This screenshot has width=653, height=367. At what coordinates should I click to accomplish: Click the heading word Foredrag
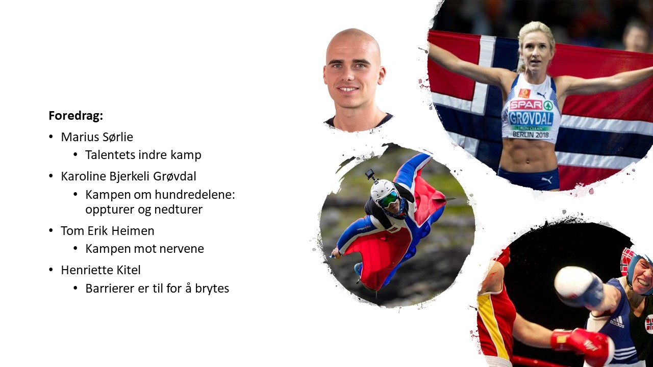(x=76, y=116)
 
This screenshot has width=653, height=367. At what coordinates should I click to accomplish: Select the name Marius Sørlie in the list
(x=97, y=137)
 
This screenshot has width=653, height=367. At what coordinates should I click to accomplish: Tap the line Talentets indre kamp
(x=143, y=155)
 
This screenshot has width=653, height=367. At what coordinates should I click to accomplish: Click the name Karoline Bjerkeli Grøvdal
(x=129, y=176)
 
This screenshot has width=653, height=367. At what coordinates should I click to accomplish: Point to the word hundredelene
(x=195, y=194)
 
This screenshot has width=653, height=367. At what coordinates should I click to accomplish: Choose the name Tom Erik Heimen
(x=108, y=231)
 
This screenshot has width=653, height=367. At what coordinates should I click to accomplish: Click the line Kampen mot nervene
(x=144, y=249)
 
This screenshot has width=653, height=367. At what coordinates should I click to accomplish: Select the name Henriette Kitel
(x=101, y=270)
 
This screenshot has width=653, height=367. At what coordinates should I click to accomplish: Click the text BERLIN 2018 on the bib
(x=531, y=135)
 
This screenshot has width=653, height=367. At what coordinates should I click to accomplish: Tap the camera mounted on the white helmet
(x=370, y=174)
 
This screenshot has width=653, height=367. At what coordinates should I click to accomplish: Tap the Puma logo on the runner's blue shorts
(x=546, y=180)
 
